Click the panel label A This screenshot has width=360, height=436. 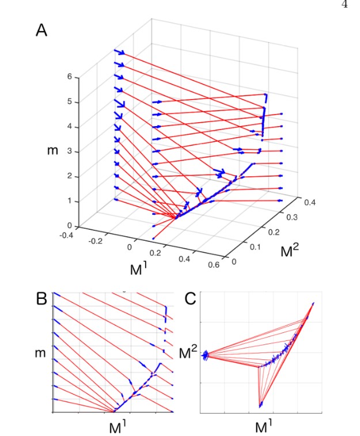42,30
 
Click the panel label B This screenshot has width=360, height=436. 41,299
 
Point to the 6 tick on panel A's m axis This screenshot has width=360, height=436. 70,77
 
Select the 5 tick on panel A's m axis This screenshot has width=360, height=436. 70,102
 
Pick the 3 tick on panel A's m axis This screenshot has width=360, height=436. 70,151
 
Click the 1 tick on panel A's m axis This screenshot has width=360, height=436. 70,201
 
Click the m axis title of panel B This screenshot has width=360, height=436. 41,351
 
